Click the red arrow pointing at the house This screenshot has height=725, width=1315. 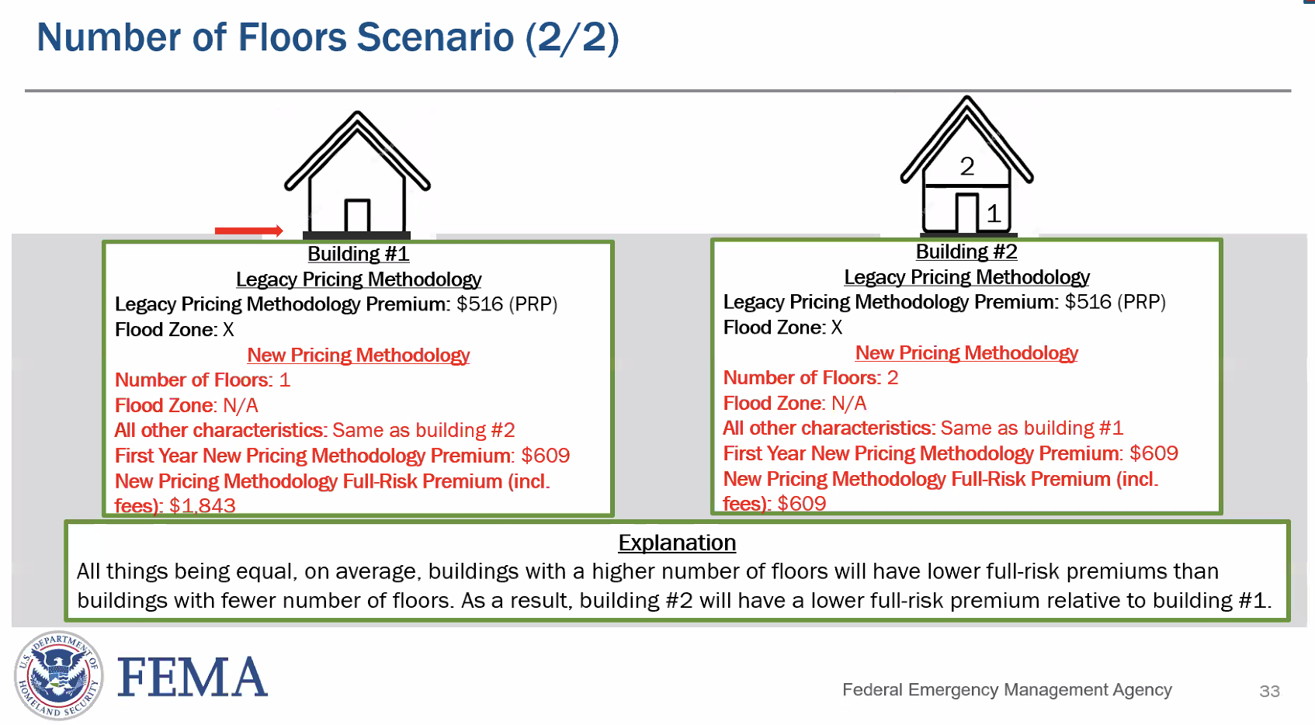point(248,231)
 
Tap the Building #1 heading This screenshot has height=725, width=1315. point(358,254)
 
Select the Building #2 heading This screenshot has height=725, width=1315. point(966,251)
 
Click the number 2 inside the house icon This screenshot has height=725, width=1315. point(966,166)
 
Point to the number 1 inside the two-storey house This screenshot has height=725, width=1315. point(993,213)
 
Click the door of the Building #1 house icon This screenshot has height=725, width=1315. point(357,216)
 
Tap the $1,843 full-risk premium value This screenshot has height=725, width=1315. point(202,506)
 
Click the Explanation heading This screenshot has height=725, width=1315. point(677,543)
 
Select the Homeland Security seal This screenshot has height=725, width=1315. point(58,675)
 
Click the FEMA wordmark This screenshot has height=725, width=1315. point(193,677)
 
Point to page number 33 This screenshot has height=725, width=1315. point(1269,691)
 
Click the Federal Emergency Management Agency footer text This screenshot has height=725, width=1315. point(1007,689)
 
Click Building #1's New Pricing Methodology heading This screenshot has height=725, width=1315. point(358,355)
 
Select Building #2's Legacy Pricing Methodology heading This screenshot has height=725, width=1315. point(966,277)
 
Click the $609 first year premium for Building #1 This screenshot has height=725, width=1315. point(546,456)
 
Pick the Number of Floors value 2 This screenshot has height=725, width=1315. point(893,378)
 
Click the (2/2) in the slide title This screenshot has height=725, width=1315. point(572,37)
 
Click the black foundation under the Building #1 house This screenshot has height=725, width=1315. point(356,235)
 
